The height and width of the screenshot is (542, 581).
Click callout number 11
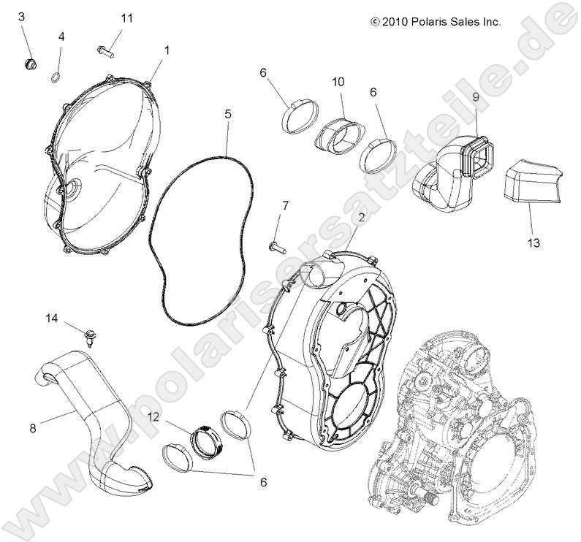click(127, 18)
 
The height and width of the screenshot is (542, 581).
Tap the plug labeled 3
click(29, 64)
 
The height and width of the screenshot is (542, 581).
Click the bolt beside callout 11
click(105, 51)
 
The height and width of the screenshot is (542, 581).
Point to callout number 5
click(228, 114)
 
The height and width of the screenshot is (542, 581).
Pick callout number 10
click(338, 82)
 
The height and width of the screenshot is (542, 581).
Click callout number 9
click(475, 96)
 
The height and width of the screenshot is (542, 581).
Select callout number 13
click(534, 243)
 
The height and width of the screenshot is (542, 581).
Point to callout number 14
click(51, 317)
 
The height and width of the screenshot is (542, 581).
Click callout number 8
click(32, 430)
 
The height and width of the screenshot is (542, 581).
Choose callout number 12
click(154, 416)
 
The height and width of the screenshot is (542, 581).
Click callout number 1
click(167, 50)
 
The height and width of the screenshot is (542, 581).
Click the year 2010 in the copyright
click(392, 22)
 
